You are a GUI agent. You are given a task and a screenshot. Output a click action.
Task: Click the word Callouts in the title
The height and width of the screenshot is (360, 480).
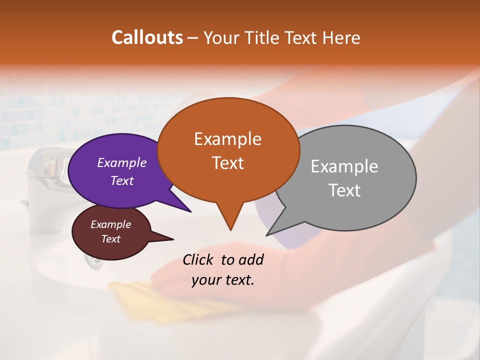pyautogui.click(x=147, y=37)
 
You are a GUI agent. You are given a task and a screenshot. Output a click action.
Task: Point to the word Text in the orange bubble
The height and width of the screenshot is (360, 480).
pyautogui.click(x=227, y=162)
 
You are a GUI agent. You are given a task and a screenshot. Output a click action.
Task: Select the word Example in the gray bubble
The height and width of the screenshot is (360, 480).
pyautogui.click(x=344, y=166)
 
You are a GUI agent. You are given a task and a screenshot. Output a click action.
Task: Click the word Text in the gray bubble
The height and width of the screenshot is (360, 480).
pyautogui.click(x=344, y=190)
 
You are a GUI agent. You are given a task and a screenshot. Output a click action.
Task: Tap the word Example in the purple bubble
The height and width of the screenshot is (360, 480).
pyautogui.click(x=122, y=162)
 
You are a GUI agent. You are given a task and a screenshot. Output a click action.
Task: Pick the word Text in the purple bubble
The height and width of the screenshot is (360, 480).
pyautogui.click(x=122, y=180)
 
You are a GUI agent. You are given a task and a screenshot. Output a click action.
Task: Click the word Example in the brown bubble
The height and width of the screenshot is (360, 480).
pyautogui.click(x=111, y=224)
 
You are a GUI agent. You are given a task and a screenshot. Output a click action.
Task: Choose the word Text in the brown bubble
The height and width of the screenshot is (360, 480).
pyautogui.click(x=111, y=239)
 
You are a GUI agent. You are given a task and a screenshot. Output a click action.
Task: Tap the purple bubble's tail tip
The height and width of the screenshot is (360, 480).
pyautogui.click(x=190, y=211)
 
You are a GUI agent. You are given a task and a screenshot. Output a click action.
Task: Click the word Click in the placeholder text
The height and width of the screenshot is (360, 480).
pyautogui.click(x=199, y=259)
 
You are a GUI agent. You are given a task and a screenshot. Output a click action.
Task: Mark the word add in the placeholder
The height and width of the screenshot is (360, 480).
pyautogui.click(x=251, y=259)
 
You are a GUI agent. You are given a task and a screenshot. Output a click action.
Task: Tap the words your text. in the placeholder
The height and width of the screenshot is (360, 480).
pyautogui.click(x=222, y=280)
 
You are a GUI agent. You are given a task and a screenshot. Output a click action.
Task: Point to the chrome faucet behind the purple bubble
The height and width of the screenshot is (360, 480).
pyautogui.click(x=47, y=167)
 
